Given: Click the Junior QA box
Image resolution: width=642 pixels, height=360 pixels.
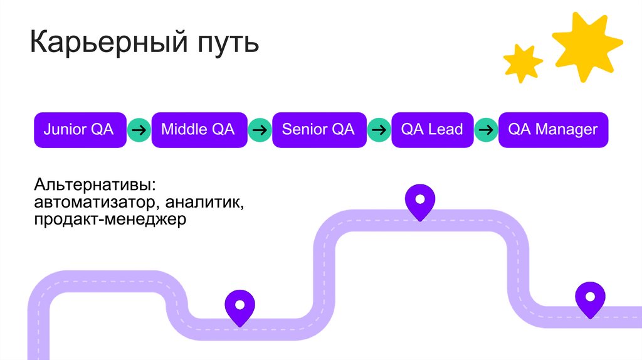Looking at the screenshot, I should (79, 130).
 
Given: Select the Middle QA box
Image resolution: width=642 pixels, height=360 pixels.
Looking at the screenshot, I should (198, 130).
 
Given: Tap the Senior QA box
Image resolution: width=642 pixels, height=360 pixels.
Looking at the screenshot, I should (318, 130).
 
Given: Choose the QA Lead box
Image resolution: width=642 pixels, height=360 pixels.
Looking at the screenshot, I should (432, 130).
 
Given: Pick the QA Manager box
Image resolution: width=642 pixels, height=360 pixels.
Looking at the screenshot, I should (553, 130).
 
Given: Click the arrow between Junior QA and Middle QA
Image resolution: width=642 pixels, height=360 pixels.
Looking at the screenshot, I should (139, 130).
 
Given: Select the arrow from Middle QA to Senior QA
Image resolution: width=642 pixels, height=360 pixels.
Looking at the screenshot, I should (260, 130).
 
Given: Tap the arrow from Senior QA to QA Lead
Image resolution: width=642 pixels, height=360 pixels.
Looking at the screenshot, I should (379, 130).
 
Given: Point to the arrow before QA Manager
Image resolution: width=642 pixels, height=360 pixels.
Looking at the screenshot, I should (486, 130).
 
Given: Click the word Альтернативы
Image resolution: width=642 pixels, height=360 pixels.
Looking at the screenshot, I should (92, 186).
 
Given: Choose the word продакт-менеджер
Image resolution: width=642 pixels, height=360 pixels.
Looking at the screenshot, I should (110, 220).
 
